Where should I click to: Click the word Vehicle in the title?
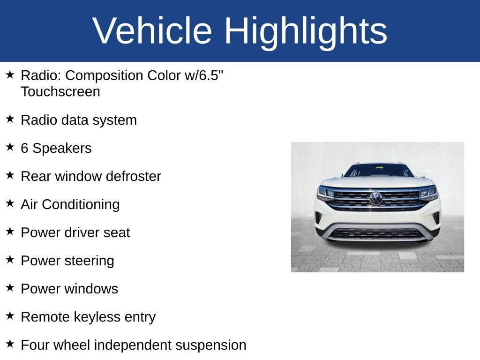coord(152,30)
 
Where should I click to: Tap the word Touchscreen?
coord(60,91)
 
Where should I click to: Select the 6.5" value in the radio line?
coord(211,75)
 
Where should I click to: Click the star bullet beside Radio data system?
coord(10,119)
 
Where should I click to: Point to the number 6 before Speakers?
coord(24,148)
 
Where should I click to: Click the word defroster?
coord(134,176)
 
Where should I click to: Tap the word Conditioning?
coord(81,204)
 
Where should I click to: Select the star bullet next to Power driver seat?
coord(10,231)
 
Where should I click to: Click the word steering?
coord(89,261)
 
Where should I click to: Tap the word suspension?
coord(211,345)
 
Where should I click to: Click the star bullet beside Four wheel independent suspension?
coord(10,344)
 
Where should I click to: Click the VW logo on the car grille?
coord(376,198)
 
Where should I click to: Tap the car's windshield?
coord(379,171)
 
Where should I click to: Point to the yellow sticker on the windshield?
coord(380,167)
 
